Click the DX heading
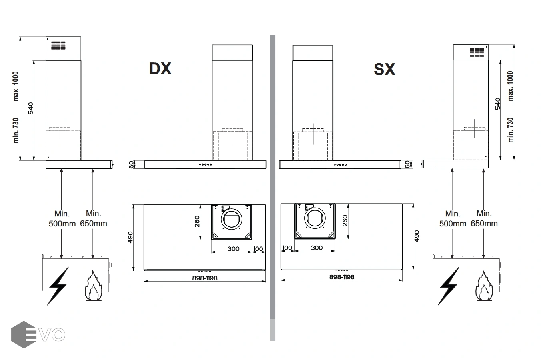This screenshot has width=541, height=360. (160, 68)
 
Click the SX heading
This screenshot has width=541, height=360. (385, 69)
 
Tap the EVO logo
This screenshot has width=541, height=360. (38, 334)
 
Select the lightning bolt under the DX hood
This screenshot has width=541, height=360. (58, 286)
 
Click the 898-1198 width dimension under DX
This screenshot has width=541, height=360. (205, 278)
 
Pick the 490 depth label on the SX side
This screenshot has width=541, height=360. (417, 236)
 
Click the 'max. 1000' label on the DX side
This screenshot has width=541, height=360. (16, 86)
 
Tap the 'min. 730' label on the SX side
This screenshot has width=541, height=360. (510, 130)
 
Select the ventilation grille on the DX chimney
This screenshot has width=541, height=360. (58, 46)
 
